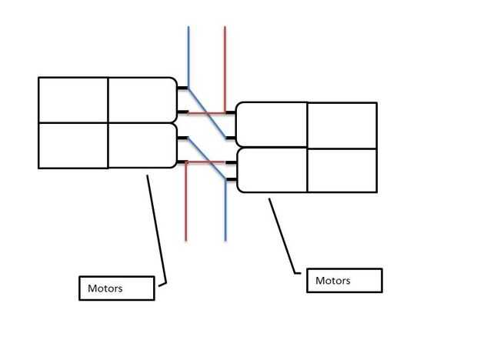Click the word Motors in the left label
(105, 289)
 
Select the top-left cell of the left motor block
(73, 100)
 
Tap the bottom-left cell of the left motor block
(73, 145)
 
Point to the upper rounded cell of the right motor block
(272, 125)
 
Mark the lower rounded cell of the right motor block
(272, 170)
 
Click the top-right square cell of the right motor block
(342, 125)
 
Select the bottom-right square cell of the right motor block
(342, 170)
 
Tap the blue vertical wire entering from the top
(188, 54)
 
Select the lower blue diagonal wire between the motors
(207, 160)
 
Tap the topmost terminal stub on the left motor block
(182, 88)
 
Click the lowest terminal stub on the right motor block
(231, 182)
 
